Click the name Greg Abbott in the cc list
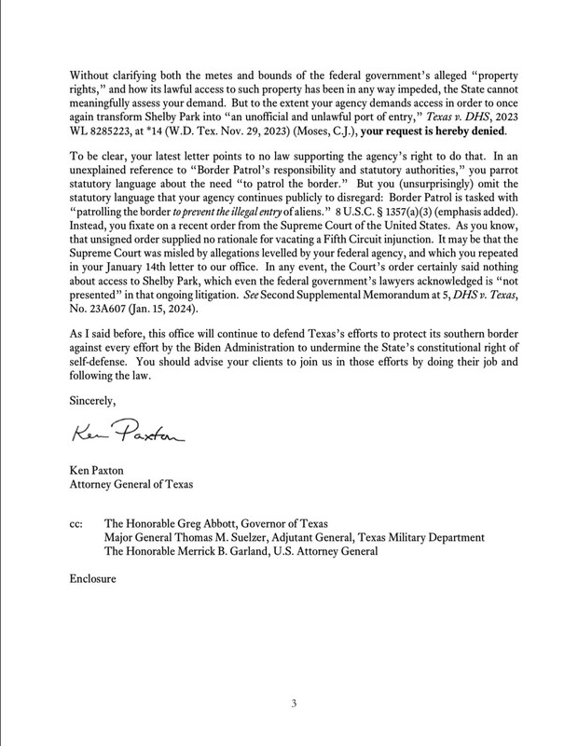(205, 523)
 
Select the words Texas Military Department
(420, 537)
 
